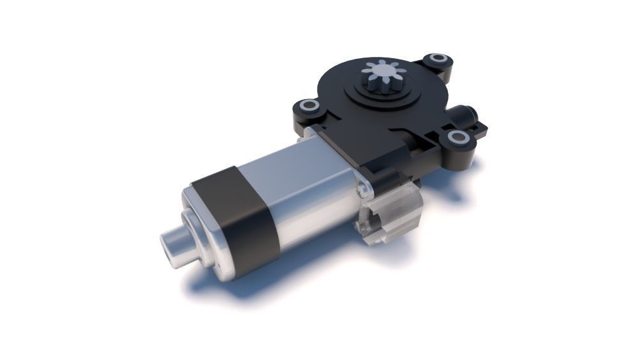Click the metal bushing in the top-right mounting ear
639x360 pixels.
(x=438, y=60)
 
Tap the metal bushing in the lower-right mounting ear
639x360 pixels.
(x=458, y=137)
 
